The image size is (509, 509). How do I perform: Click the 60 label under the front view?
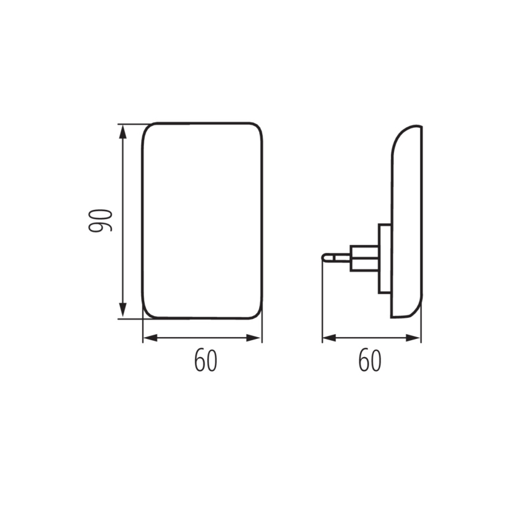coord(206,361)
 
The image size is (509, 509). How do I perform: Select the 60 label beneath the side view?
coord(370,361)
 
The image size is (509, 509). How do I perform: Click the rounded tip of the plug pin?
coord(324,256)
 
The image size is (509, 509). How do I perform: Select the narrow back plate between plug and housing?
coord(385,259)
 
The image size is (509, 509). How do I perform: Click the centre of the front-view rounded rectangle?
coord(202,220)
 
